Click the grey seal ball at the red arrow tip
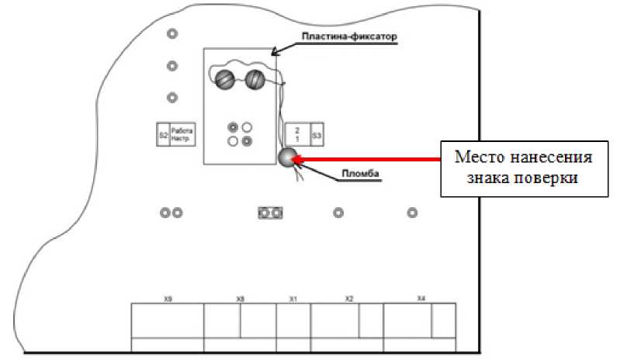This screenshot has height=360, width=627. pos(288,158)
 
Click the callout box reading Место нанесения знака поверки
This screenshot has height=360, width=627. pos(522,167)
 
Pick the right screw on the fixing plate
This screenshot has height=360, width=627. pos(255,78)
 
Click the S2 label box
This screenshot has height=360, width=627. pos(163,135)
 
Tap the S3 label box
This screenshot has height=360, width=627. pos(317,135)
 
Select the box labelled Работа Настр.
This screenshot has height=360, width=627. pos(182,135)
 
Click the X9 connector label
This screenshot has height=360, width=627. pos(167,298)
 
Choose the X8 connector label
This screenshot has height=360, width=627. pos(240,298)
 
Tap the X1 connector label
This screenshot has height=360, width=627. pos(293,298)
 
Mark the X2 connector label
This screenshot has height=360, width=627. pos(349,298)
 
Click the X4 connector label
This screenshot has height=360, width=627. pos(421,298)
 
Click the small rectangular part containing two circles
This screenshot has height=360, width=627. pos(271,213)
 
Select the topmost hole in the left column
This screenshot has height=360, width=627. pos(172,34)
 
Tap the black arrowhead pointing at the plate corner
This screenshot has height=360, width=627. pos(274,52)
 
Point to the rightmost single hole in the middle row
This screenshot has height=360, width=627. pos(413,213)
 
